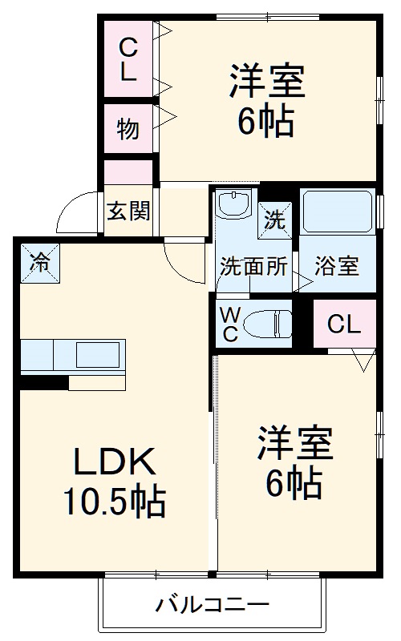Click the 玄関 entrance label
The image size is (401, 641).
click(128, 212)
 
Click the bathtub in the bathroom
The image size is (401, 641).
click(337, 211)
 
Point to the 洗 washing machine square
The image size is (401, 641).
click(275, 218)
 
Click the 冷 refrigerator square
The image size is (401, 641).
click(39, 261)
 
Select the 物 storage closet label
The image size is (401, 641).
click(128, 128)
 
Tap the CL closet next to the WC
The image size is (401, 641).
click(344, 325)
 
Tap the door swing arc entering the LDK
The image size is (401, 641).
click(183, 260)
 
